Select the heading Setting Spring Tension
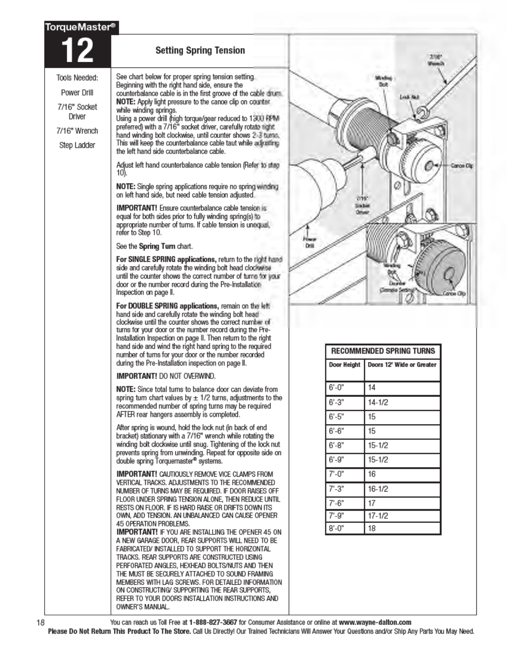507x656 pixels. (x=200, y=51)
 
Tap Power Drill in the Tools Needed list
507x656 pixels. (x=77, y=92)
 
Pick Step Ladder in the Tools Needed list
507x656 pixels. (x=77, y=145)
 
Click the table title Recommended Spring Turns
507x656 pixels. (x=383, y=351)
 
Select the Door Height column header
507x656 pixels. (x=345, y=365)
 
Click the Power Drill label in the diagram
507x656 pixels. (x=309, y=242)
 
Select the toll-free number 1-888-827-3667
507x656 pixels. (x=213, y=622)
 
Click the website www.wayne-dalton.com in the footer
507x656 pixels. (x=375, y=622)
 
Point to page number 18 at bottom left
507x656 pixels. (x=40, y=622)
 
